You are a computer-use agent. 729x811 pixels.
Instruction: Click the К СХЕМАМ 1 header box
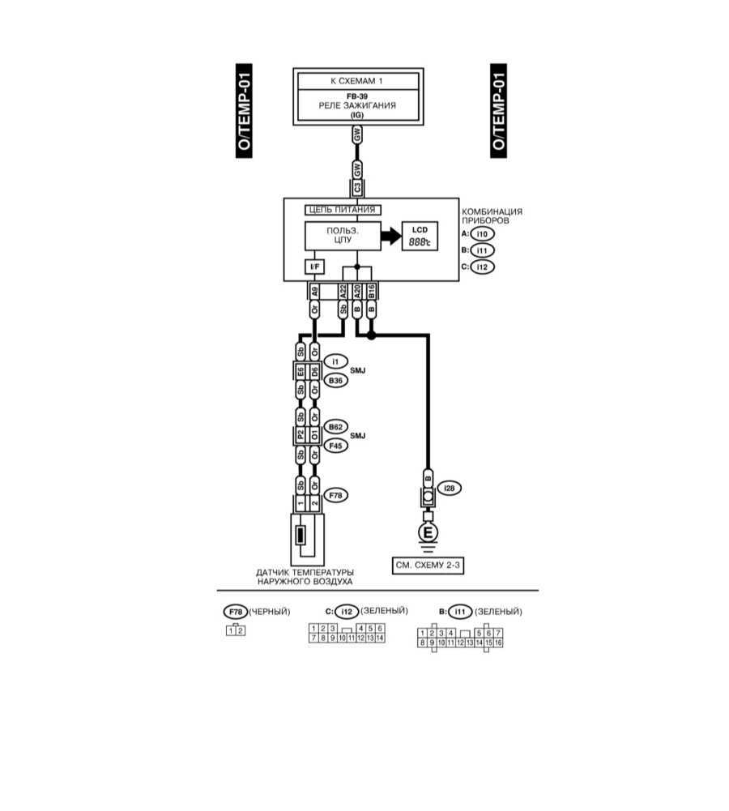pyautogui.click(x=357, y=81)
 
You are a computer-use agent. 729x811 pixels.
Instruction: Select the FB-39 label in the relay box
pyautogui.click(x=357, y=96)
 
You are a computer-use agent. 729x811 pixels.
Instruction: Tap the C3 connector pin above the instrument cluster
pyautogui.click(x=357, y=188)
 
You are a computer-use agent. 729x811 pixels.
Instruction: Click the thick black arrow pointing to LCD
pyautogui.click(x=390, y=236)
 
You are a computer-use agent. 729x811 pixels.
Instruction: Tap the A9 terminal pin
pyautogui.click(x=314, y=289)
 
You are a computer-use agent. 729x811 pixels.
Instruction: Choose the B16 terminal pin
pyautogui.click(x=372, y=289)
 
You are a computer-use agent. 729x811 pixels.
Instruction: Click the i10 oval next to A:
pyautogui.click(x=483, y=234)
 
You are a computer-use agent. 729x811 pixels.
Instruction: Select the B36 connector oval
pyautogui.click(x=335, y=379)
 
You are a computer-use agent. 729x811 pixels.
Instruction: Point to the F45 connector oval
pyautogui.click(x=335, y=445)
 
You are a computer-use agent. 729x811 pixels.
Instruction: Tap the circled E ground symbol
pyautogui.click(x=426, y=532)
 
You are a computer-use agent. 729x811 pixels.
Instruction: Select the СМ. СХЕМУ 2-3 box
pyautogui.click(x=426, y=566)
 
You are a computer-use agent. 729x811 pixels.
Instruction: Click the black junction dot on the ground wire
pyautogui.click(x=371, y=334)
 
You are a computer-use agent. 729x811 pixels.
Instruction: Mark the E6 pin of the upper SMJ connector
pyautogui.click(x=301, y=371)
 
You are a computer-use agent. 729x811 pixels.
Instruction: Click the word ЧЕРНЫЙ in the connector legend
pyautogui.click(x=270, y=611)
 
